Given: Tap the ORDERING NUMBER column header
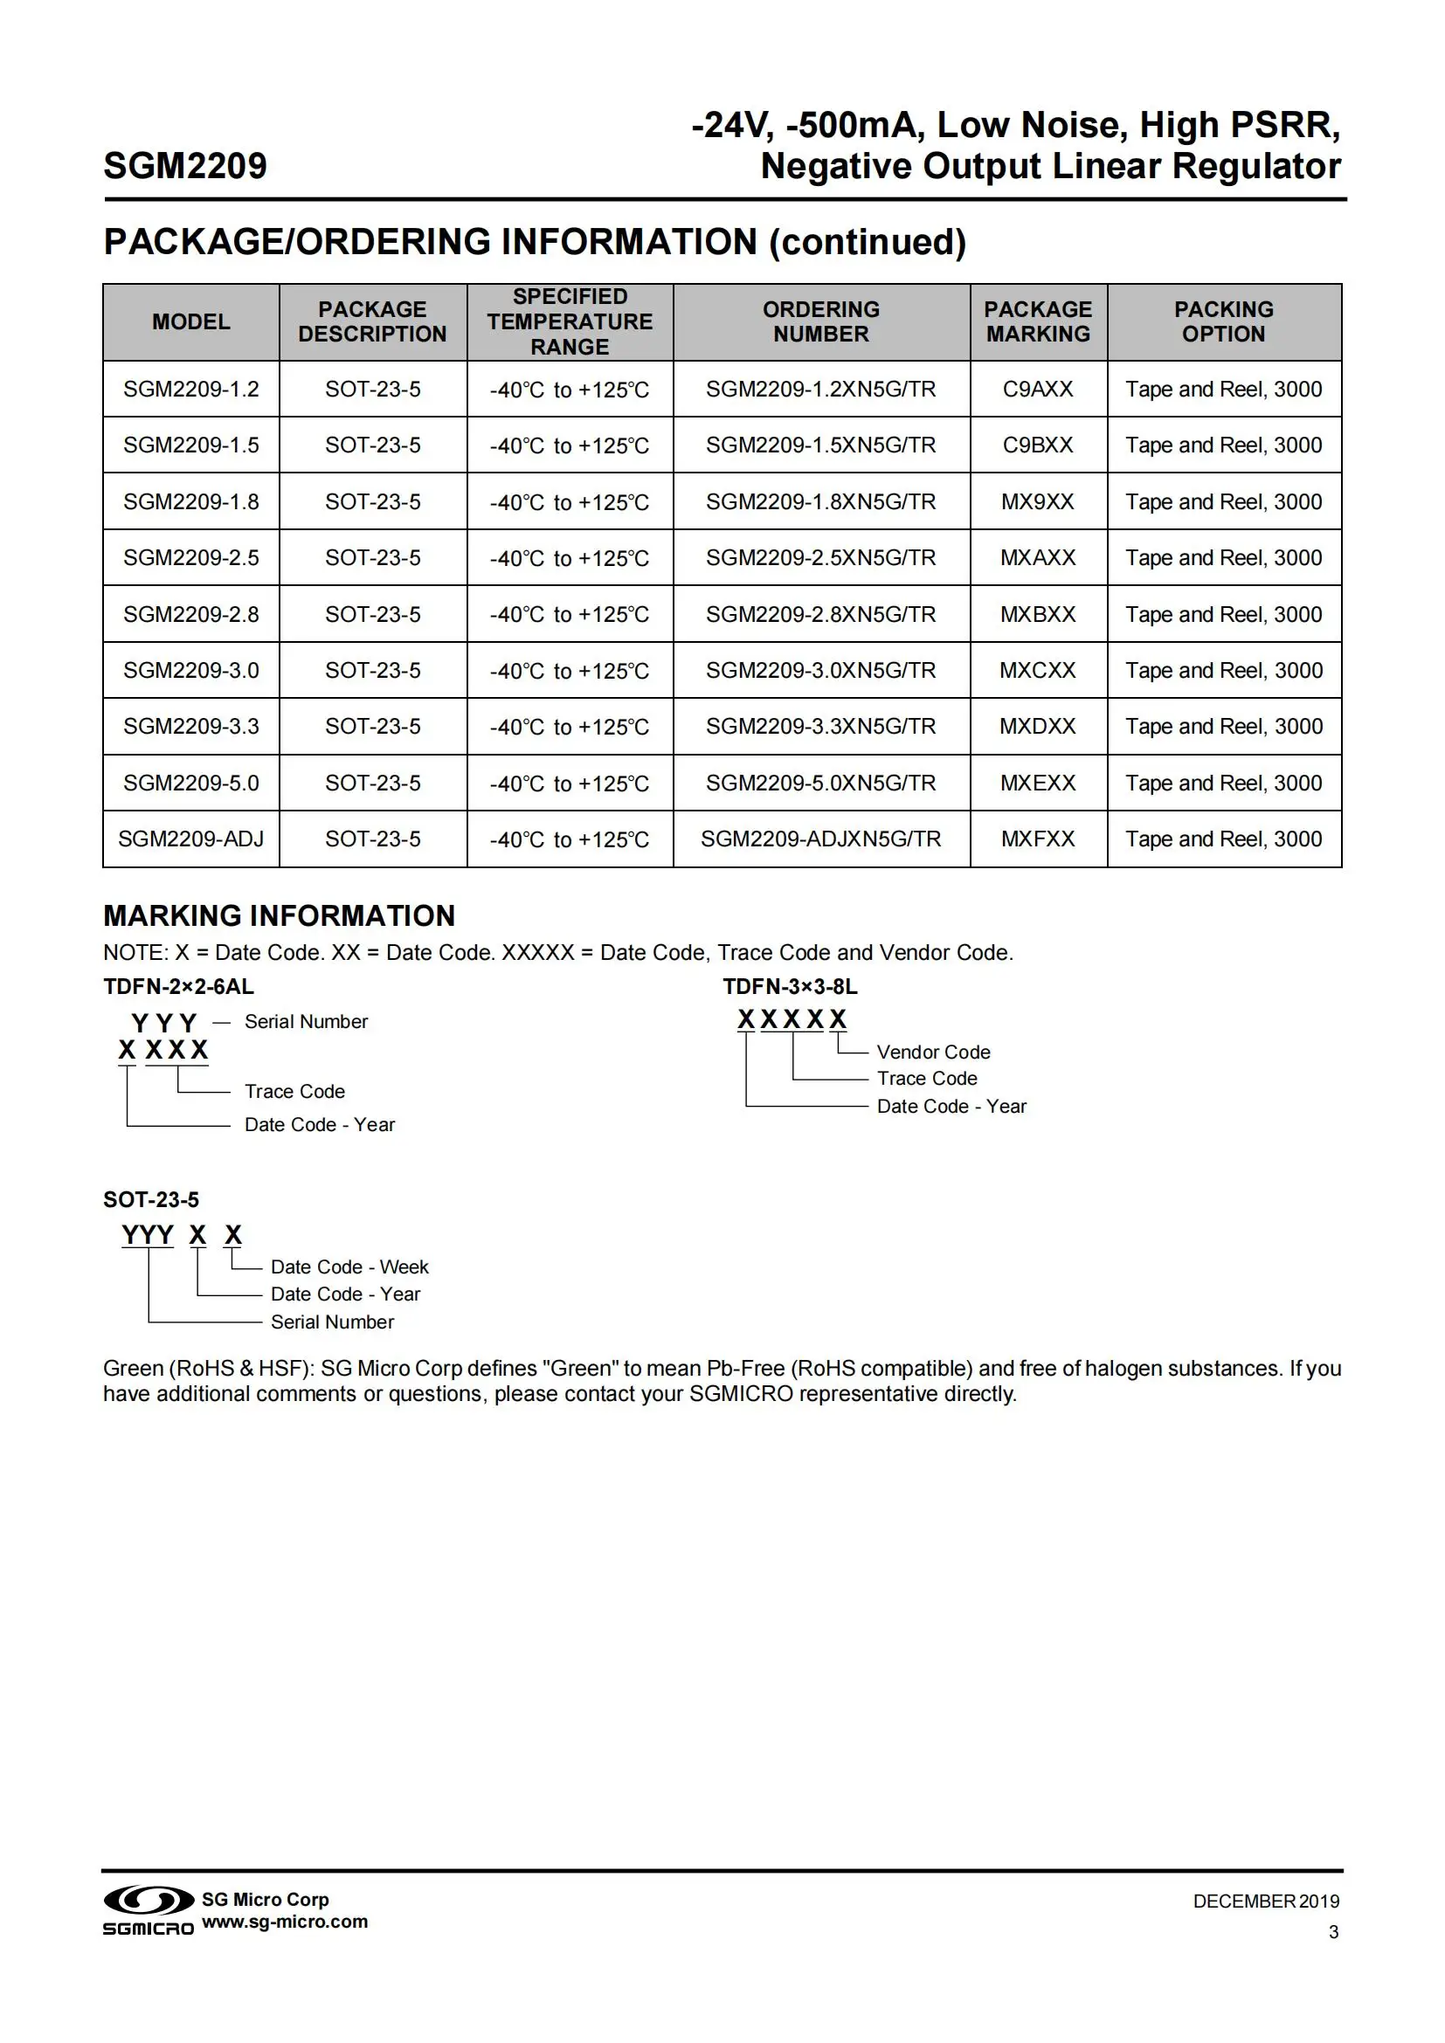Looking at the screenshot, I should [x=820, y=321].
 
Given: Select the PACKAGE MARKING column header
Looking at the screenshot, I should [x=1038, y=321].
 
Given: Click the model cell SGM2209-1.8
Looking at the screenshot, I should [x=191, y=502].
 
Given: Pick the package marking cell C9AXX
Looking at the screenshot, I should [x=1038, y=389].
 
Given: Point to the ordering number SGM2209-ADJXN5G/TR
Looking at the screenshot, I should [x=820, y=839].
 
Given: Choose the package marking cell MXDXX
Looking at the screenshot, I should [x=1038, y=726].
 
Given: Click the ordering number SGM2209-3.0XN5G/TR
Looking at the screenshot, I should [x=820, y=670].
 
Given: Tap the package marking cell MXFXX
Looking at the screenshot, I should [x=1038, y=839].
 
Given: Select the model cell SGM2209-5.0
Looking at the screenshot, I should [x=191, y=783].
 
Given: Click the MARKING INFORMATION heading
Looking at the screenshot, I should [x=280, y=915].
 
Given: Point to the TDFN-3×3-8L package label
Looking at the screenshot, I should [x=790, y=987].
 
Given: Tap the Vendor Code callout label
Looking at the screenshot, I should [x=933, y=1052].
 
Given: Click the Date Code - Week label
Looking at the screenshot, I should [x=349, y=1267].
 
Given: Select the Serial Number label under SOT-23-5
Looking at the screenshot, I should [x=332, y=1322].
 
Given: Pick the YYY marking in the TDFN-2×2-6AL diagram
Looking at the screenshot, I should [x=163, y=1023].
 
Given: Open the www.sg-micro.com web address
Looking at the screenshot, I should [x=285, y=1921].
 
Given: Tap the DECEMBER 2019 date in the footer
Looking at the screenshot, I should [x=1265, y=1902].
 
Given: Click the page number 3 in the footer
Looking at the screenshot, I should [x=1333, y=1932].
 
